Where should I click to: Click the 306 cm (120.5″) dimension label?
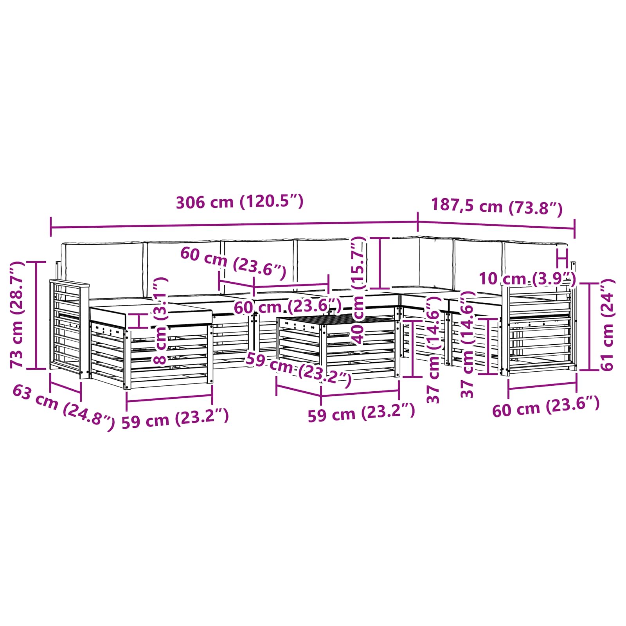click(x=239, y=202)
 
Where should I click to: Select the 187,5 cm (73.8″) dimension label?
click(x=496, y=206)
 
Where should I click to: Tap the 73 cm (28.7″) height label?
click(x=18, y=315)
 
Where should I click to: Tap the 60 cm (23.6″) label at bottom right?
click(x=545, y=407)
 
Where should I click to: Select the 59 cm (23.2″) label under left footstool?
click(x=175, y=419)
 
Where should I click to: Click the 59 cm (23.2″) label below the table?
click(x=361, y=412)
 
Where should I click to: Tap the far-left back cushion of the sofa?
click(x=103, y=268)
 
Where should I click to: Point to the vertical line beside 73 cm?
click(x=36, y=315)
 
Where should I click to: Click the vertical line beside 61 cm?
click(x=589, y=327)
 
